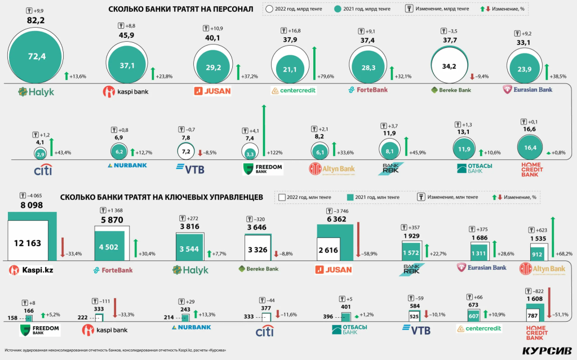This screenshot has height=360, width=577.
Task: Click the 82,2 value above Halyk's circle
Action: (x=35, y=20)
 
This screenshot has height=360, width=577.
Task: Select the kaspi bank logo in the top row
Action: (x=126, y=91)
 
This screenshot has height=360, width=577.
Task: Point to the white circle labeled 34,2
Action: (x=449, y=66)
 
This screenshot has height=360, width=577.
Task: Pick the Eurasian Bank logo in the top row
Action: (x=528, y=89)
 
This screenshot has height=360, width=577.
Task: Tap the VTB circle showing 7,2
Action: (x=185, y=151)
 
